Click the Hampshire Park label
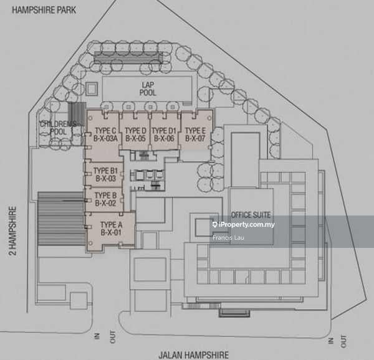(x=44, y=10)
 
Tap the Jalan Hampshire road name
(x=194, y=355)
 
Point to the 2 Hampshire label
(x=12, y=230)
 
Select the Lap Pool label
(x=148, y=88)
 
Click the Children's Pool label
(x=59, y=128)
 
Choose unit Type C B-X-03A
(x=105, y=135)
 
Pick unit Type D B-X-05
(x=135, y=135)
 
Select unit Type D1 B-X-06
(x=164, y=135)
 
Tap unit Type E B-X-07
(x=195, y=135)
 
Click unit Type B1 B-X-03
(x=106, y=174)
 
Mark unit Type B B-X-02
(x=106, y=199)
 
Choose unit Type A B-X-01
(x=111, y=229)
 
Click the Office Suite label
(x=251, y=215)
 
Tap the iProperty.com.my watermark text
(x=244, y=224)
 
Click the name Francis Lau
(x=228, y=237)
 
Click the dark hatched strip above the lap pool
(x=128, y=57)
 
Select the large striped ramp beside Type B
(x=61, y=219)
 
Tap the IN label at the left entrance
(x=97, y=336)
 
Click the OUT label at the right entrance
(x=343, y=341)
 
